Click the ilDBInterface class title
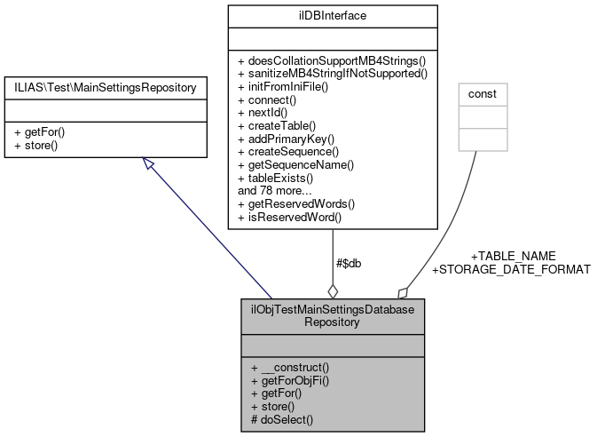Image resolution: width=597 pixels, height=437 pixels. click(x=332, y=15)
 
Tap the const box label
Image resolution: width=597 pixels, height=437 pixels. click(x=483, y=93)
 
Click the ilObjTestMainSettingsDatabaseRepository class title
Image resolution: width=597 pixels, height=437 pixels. click(x=332, y=314)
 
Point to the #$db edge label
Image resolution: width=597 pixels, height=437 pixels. click(x=349, y=263)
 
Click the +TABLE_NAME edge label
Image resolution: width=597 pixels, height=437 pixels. click(x=513, y=255)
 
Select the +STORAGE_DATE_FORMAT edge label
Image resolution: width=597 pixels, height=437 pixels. click(x=510, y=268)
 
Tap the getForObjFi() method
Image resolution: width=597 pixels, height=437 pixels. click(x=289, y=380)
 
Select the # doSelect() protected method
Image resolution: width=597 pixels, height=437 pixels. click(x=283, y=418)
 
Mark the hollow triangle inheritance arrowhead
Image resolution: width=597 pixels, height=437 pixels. click(x=148, y=166)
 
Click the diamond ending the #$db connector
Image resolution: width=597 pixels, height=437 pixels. click(x=333, y=290)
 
